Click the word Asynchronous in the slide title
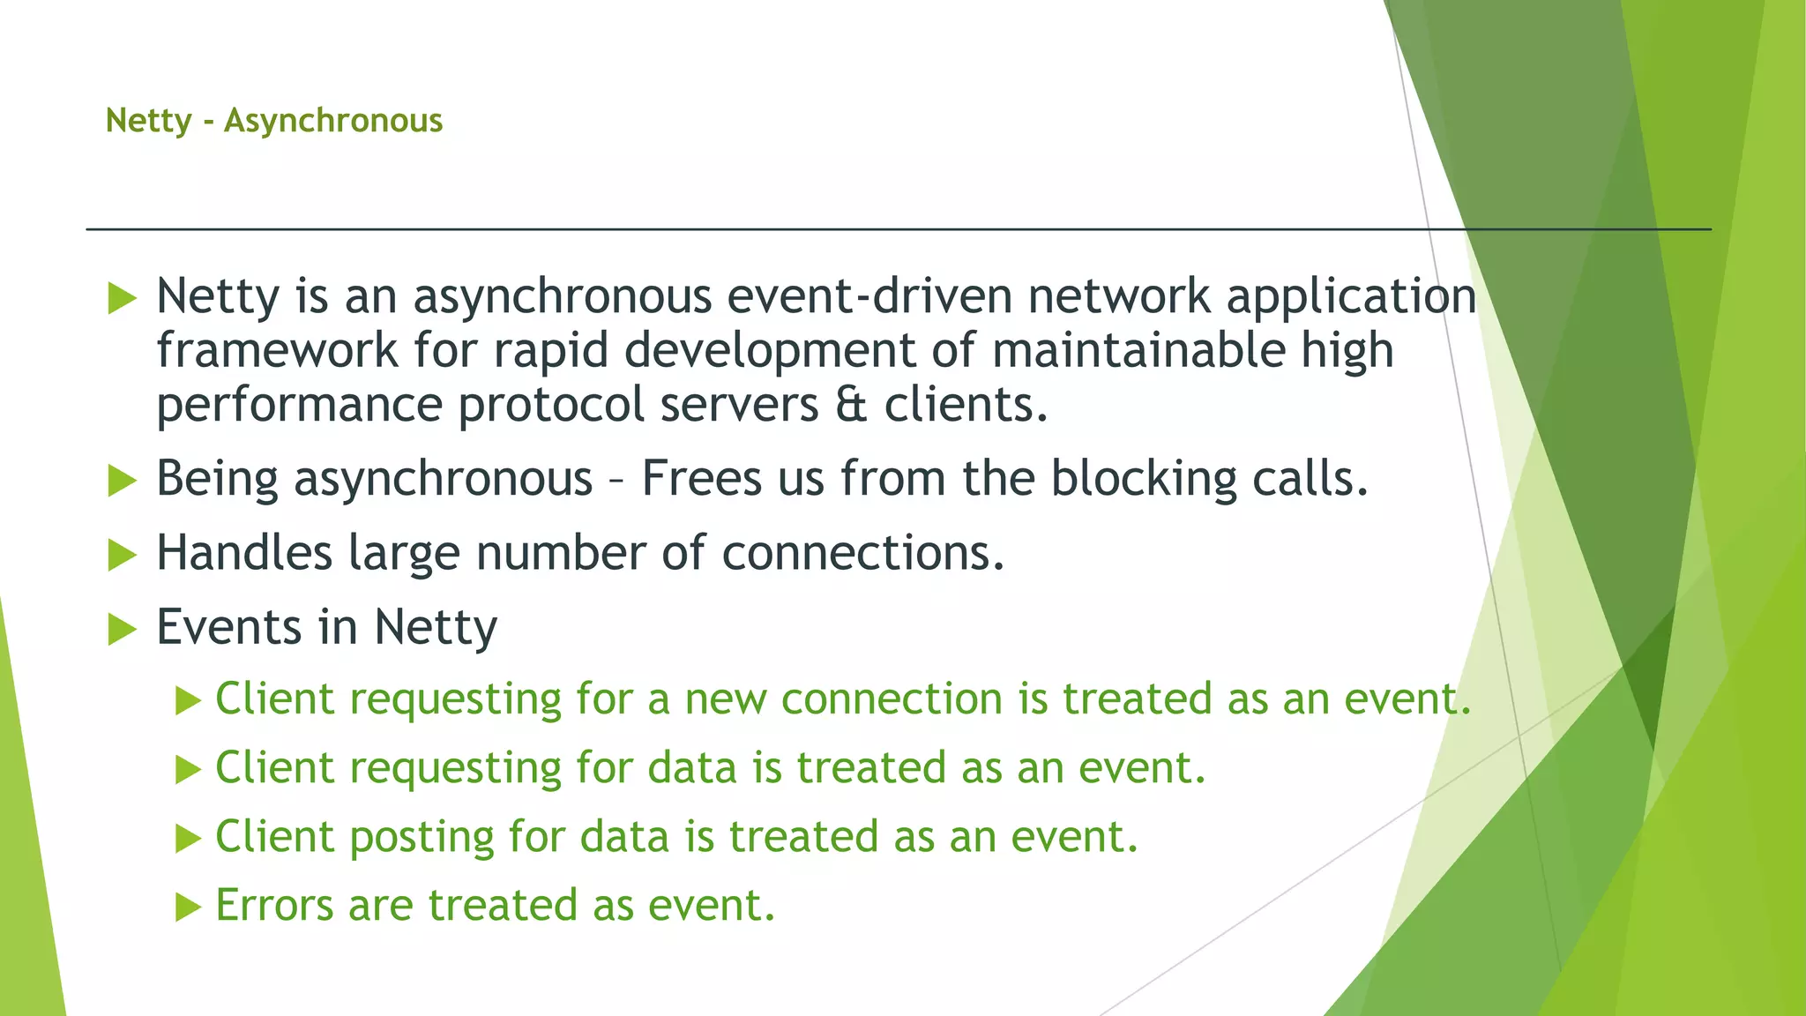(332, 121)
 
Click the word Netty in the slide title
(148, 121)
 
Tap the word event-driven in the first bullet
(869, 296)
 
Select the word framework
(277, 351)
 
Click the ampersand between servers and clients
(851, 406)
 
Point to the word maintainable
(1138, 351)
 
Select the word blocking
(1144, 480)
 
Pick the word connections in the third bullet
(862, 554)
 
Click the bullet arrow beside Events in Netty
(122, 630)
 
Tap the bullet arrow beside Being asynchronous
(122, 482)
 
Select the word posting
(422, 837)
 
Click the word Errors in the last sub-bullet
(274, 906)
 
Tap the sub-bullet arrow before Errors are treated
(188, 907)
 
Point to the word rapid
(550, 351)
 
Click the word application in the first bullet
(1351, 296)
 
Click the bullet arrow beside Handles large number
(122, 556)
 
